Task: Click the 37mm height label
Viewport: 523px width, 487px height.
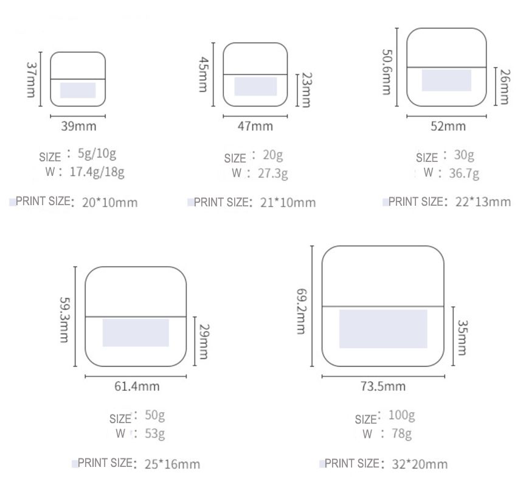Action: [x=30, y=80]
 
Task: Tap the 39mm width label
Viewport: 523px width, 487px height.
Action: [x=78, y=127]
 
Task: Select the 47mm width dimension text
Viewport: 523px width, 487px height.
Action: [x=255, y=127]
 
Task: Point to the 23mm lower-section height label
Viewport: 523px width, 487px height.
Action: [x=306, y=89]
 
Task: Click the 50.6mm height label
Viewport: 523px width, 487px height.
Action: [x=387, y=72]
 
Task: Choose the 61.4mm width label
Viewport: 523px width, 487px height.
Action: [x=137, y=386]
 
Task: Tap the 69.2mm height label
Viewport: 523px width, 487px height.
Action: [x=301, y=312]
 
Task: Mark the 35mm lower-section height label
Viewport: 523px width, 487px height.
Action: [x=462, y=337]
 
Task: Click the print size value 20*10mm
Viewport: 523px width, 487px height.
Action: [x=109, y=203]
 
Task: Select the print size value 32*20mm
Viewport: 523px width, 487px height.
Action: [x=420, y=464]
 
